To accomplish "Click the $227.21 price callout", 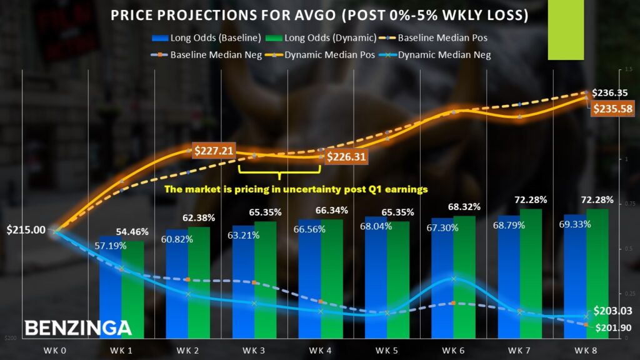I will coord(213,151).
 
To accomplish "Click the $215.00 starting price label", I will coord(26,229).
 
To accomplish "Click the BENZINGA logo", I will coord(78,327).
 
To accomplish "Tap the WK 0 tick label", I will coord(55,347).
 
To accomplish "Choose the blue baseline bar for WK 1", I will coord(110,287).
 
